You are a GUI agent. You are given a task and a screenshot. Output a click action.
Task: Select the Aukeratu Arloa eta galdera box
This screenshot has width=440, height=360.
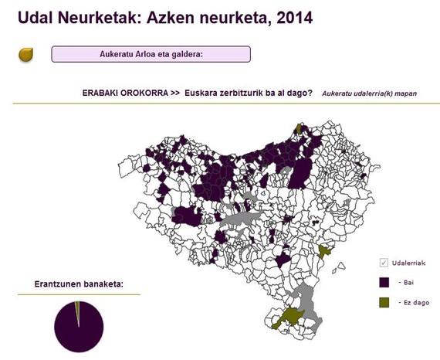click(151, 54)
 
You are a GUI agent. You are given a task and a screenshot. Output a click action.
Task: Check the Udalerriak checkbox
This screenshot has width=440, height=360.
click(384, 263)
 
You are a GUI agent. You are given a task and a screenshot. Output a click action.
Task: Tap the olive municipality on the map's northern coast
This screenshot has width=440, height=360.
click(300, 127)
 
